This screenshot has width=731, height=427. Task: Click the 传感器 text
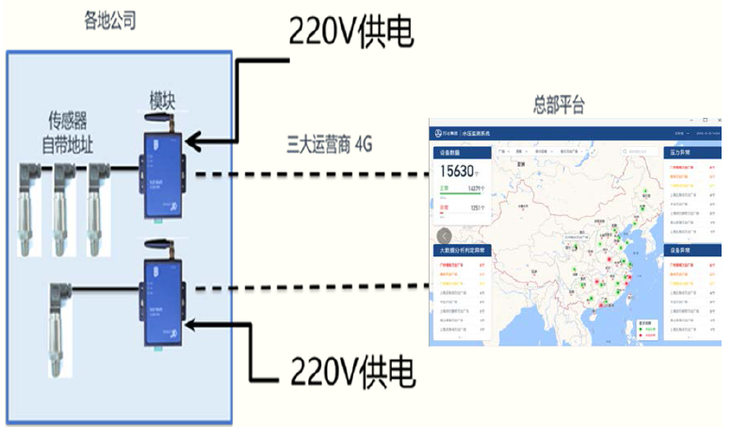click(x=68, y=122)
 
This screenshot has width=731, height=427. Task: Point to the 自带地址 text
click(x=68, y=144)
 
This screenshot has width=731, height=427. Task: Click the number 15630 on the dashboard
click(x=459, y=172)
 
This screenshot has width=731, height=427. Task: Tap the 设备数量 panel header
click(x=448, y=152)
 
